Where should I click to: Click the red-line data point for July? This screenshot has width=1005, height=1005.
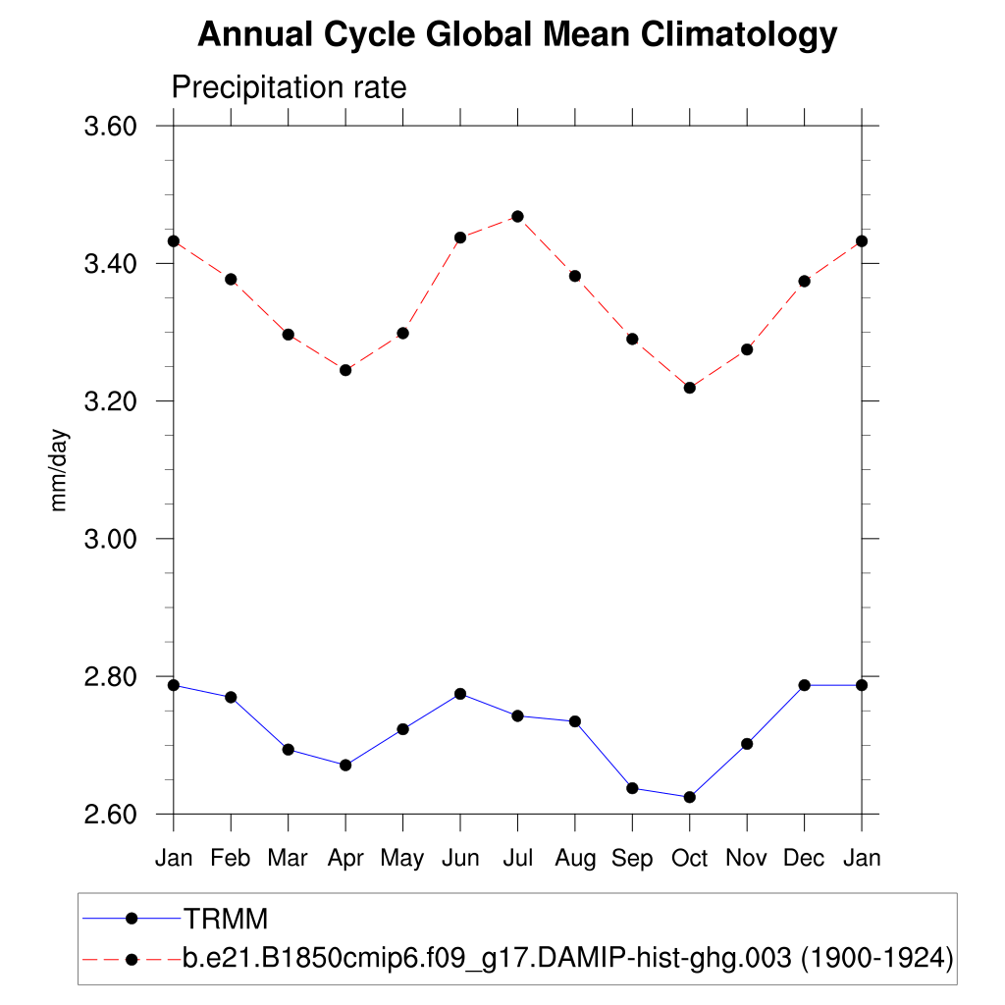tap(517, 216)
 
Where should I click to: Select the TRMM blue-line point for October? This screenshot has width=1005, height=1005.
tap(690, 797)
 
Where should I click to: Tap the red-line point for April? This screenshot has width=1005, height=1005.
tap(345, 370)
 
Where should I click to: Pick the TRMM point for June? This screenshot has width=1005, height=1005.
tap(460, 694)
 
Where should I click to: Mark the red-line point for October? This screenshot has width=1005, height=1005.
tap(690, 388)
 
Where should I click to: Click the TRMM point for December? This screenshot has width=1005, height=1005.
tap(804, 685)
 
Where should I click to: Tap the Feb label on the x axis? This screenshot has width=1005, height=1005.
tap(231, 858)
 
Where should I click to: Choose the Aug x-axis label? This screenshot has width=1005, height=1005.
tap(575, 858)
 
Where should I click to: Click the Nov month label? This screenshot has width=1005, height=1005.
tap(747, 858)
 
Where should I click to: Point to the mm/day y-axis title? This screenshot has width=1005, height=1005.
tap(59, 469)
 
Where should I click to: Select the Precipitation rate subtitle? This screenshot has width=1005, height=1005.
tap(289, 87)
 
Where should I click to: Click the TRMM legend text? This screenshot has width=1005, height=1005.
tap(226, 919)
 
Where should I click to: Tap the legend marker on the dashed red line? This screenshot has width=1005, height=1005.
tap(132, 958)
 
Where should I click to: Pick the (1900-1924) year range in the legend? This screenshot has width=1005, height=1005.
tap(876, 958)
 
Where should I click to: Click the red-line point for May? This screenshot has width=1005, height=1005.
tap(402, 333)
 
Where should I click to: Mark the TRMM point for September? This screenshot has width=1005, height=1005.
tap(632, 788)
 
